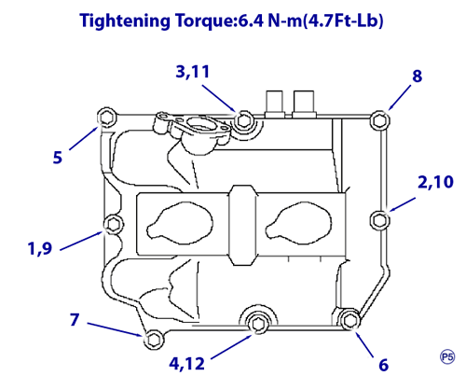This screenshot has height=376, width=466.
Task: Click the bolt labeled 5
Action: pos(106,118)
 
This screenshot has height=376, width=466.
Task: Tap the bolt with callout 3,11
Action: pos(243,120)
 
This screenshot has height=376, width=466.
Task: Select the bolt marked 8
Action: pos(380,120)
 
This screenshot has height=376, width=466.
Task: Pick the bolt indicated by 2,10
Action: pos(379,220)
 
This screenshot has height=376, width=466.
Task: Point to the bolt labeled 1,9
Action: pos(113,224)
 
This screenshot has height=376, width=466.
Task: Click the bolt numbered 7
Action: pos(153,340)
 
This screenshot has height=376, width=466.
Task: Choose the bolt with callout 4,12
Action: pos(257,324)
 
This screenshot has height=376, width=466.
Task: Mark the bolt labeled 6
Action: pos(350,320)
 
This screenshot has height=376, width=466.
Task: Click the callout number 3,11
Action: pos(193,72)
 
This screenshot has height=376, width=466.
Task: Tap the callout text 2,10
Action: pos(435,182)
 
